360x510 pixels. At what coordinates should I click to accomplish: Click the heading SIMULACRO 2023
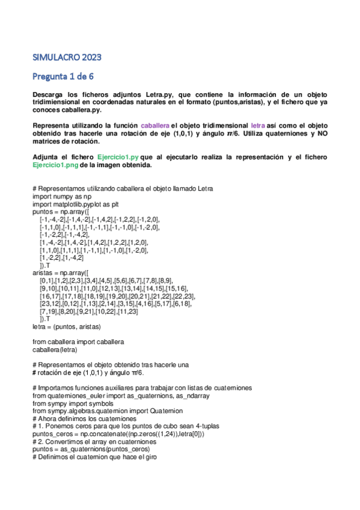[x=67, y=58]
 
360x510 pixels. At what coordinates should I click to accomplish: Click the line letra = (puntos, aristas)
[x=67, y=327]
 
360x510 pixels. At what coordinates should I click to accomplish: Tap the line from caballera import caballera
[x=78, y=342]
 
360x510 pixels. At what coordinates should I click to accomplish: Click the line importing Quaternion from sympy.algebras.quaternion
[x=106, y=411]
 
